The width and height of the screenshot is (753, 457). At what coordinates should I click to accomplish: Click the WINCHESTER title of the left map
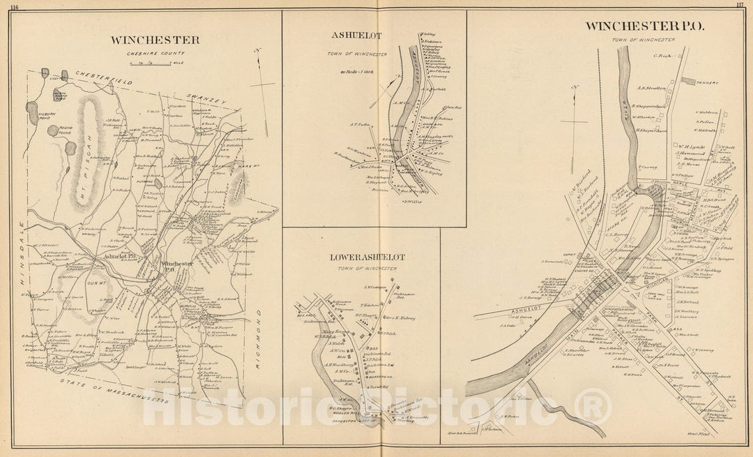154,40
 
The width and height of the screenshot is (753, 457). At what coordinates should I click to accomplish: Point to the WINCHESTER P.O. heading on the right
645,27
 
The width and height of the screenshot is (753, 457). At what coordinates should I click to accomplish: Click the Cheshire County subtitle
154,53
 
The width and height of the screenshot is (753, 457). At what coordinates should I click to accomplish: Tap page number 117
740,6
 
